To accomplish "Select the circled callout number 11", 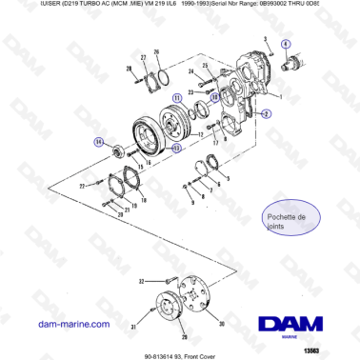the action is (178, 98).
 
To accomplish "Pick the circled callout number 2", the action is (266, 113).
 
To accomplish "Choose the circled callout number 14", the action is (98, 142).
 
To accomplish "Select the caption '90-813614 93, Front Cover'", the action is (179, 352).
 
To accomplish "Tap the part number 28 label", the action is (130, 70).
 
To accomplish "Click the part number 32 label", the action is (140, 282).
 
